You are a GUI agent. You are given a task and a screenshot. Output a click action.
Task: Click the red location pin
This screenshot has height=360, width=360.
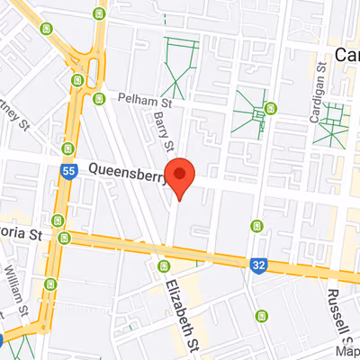[182, 175]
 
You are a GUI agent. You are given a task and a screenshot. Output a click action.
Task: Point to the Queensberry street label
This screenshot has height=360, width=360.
[127, 171]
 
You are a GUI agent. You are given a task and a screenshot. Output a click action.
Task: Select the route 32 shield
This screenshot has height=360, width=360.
[259, 264]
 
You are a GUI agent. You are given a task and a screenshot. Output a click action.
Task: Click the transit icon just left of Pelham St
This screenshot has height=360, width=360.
[96, 97]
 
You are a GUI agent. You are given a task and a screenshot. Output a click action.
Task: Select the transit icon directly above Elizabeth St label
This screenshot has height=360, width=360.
[163, 266]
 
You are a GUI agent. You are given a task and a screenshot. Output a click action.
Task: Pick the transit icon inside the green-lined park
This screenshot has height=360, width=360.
[270, 111]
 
